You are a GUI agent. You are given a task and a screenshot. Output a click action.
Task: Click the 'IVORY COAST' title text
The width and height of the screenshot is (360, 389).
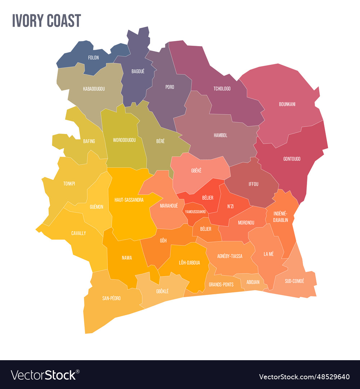click(x=46, y=21)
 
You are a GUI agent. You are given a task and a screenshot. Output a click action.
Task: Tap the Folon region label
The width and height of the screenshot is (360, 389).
click(x=93, y=58)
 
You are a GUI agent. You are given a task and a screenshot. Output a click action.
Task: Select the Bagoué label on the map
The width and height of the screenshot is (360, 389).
click(x=138, y=71)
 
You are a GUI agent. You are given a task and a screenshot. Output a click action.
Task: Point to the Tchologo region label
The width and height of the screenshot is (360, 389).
click(x=222, y=89)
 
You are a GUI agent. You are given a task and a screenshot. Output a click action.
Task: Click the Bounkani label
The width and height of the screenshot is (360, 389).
click(x=287, y=104)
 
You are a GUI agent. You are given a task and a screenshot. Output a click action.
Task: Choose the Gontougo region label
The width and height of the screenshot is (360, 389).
click(x=292, y=159)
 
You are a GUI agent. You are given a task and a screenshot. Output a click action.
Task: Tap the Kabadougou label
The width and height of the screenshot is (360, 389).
click(x=94, y=89)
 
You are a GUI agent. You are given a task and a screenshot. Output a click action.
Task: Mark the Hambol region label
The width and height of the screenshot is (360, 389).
click(x=220, y=135)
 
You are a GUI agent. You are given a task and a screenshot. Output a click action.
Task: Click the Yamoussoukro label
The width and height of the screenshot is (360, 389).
click(x=195, y=212)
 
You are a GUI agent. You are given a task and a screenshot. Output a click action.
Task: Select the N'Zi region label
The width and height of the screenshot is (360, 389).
click(x=230, y=206)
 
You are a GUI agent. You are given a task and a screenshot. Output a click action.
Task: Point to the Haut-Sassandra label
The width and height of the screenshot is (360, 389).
click(x=129, y=200)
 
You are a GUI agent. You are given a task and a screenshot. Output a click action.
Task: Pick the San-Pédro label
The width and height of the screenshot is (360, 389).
click(x=111, y=298)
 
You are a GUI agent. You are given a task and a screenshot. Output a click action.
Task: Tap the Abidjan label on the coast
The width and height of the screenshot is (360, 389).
click(x=253, y=282)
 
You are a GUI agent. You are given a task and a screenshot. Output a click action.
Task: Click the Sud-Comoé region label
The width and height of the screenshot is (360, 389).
click(x=294, y=281)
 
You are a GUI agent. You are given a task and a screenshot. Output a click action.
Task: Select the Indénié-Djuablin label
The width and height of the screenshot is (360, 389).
click(x=280, y=217)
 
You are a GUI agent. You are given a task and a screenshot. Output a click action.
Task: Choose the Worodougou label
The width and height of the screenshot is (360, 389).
click(x=124, y=140)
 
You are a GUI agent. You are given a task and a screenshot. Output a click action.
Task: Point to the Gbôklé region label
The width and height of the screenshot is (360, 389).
click(x=162, y=291)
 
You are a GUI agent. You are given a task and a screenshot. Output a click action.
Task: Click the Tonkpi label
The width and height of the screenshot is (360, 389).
click(x=69, y=184)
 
